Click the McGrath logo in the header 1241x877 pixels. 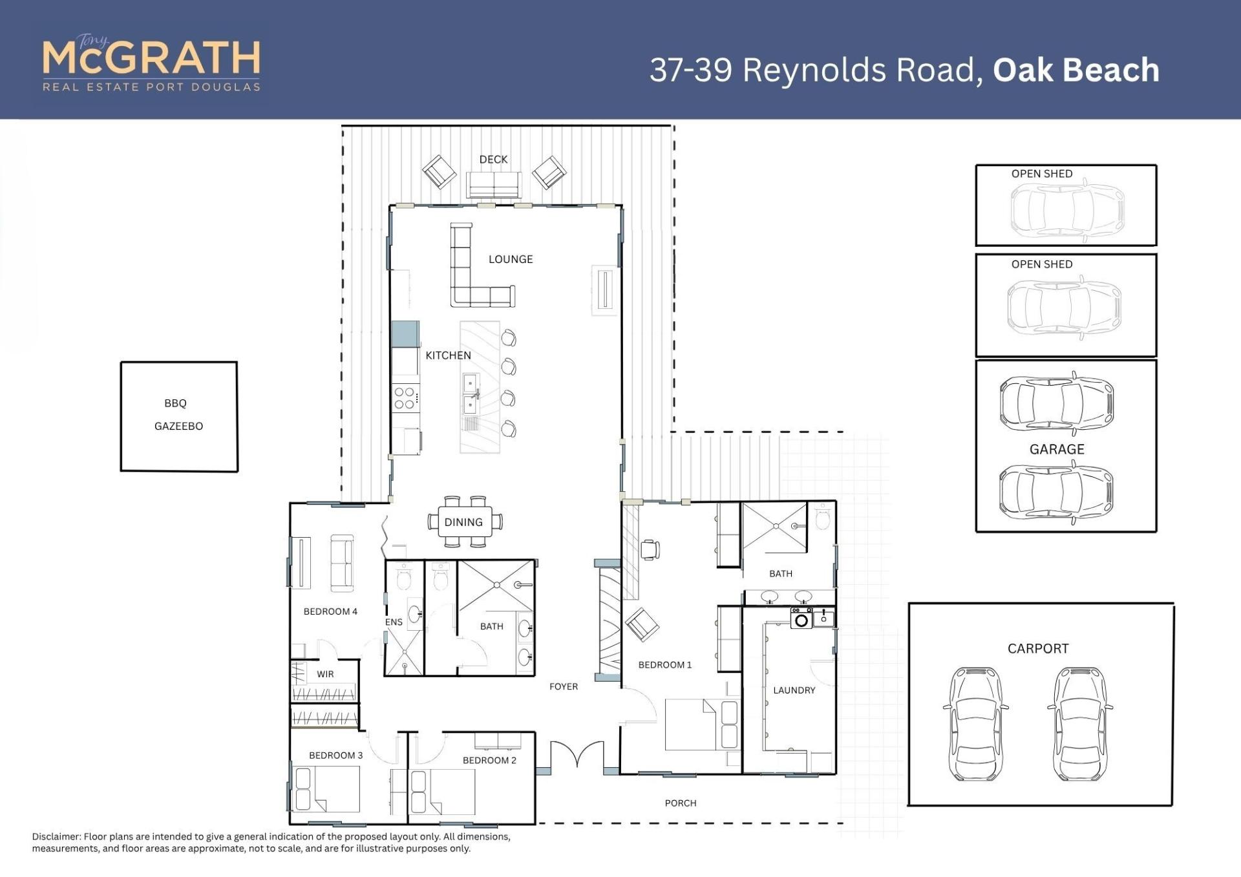pyautogui.click(x=152, y=63)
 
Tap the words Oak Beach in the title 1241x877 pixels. pyautogui.click(x=1076, y=70)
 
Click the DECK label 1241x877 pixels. pyautogui.click(x=493, y=160)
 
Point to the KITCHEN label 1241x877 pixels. pyautogui.click(x=448, y=355)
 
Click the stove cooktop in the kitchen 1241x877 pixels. pyautogui.click(x=405, y=398)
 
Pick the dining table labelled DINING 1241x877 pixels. pyautogui.click(x=464, y=522)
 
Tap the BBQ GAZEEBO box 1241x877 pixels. pyautogui.click(x=179, y=416)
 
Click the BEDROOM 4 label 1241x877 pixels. pyautogui.click(x=330, y=611)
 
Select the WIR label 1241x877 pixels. pyautogui.click(x=325, y=674)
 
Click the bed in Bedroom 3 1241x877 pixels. pyautogui.click(x=327, y=789)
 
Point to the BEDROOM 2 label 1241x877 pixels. pyautogui.click(x=489, y=760)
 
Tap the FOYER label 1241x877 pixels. pyautogui.click(x=564, y=686)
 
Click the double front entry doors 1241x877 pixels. pyautogui.click(x=577, y=755)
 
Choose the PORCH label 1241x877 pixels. pyautogui.click(x=681, y=803)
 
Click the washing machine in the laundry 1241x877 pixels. pyautogui.click(x=801, y=618)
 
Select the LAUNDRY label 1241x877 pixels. pyautogui.click(x=794, y=690)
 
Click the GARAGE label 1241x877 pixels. pyautogui.click(x=1057, y=449)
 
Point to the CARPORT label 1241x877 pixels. pyautogui.click(x=1038, y=648)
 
